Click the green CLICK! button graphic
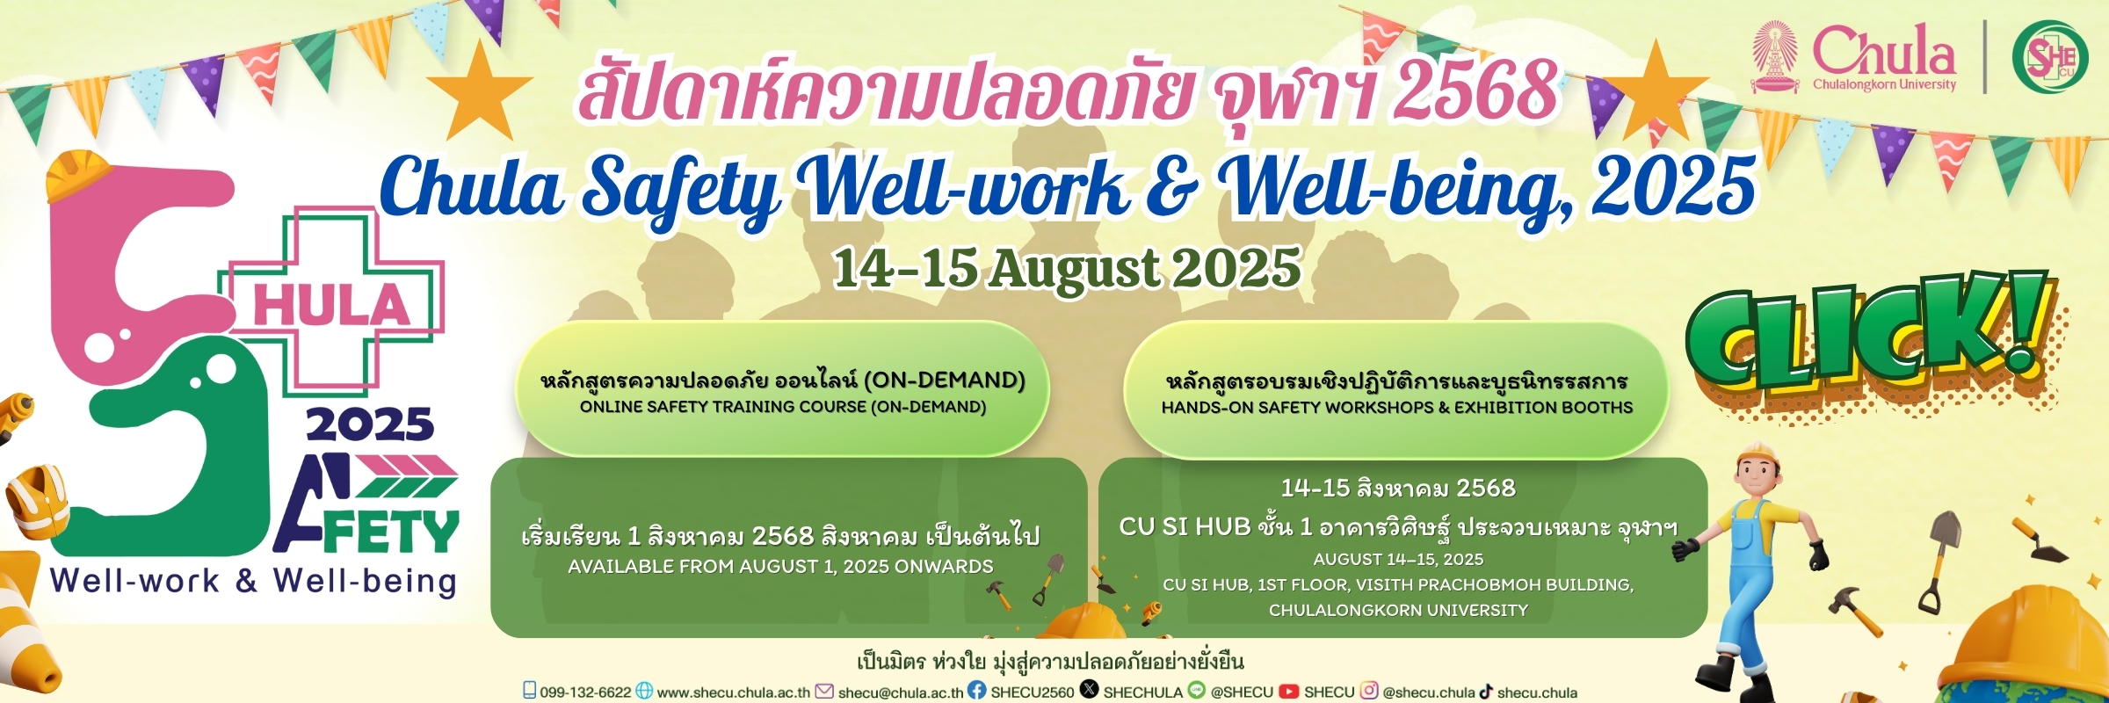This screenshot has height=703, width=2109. (1872, 334)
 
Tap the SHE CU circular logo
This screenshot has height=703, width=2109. (2050, 57)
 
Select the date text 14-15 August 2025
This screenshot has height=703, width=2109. (1067, 267)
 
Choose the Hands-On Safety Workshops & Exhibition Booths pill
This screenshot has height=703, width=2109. (1396, 390)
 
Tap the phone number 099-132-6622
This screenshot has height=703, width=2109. (585, 692)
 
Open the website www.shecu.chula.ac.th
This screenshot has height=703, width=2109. (733, 692)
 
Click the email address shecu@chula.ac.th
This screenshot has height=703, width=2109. (901, 692)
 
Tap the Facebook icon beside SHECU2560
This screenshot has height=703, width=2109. (977, 691)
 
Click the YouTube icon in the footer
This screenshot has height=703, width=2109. (1289, 692)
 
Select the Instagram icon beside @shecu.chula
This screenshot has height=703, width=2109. (1369, 691)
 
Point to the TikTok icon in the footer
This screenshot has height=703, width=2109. (1486, 692)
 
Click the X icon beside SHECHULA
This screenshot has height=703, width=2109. (1089, 690)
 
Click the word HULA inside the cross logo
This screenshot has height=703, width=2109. (331, 305)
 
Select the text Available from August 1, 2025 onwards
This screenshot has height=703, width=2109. (780, 567)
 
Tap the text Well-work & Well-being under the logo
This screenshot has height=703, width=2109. (254, 582)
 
